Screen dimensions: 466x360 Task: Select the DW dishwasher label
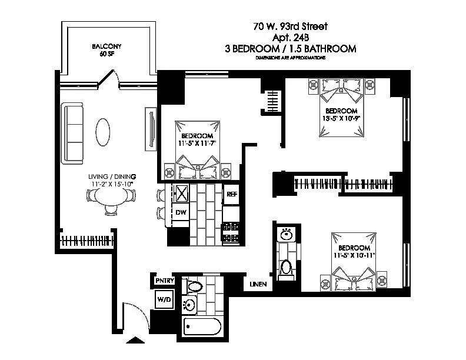(181, 212)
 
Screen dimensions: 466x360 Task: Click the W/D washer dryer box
(163, 299)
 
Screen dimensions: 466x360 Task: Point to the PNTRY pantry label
(163, 281)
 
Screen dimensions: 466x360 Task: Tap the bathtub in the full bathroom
(202, 326)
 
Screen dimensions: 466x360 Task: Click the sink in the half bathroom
(287, 235)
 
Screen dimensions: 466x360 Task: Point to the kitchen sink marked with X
(181, 193)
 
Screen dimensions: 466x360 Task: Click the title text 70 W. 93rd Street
(290, 26)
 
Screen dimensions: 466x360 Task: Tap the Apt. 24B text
(290, 38)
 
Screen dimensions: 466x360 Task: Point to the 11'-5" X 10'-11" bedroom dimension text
(353, 256)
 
